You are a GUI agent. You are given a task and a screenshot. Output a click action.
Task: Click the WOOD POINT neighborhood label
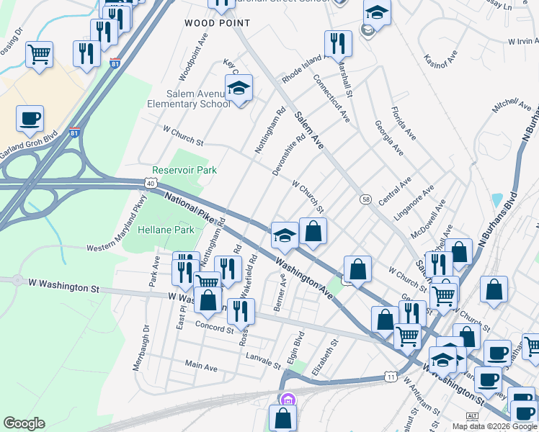217,23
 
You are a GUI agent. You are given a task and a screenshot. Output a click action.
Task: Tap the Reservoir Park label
184,170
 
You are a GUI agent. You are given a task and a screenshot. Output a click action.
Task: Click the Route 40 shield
150,184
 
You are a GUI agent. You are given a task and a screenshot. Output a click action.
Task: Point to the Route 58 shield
366,199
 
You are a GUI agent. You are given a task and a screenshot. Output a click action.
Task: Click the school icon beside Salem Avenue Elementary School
239,89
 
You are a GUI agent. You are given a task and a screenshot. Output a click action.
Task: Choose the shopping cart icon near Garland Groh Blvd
39,53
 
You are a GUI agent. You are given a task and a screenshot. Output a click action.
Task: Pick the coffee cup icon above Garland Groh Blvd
30,118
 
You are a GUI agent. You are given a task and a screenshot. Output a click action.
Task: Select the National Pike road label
192,207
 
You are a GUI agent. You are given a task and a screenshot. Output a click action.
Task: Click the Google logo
24,423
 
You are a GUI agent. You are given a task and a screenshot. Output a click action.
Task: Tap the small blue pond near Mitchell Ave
496,199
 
